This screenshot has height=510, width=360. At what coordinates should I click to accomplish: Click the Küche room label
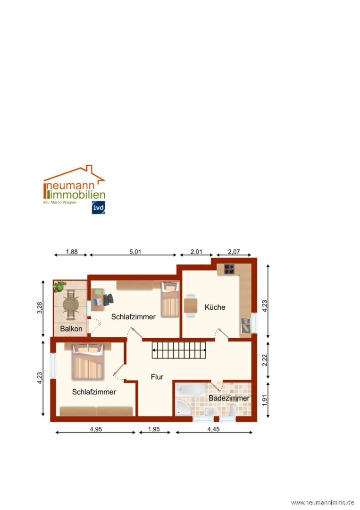click(215, 307)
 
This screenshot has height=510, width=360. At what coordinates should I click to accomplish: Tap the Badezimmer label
click(229, 398)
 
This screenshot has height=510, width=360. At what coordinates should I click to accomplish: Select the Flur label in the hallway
click(157, 377)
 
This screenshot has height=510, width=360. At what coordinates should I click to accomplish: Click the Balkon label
click(71, 329)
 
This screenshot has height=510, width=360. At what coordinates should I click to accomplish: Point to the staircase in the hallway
click(179, 350)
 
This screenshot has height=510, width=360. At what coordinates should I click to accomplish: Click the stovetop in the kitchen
click(229, 269)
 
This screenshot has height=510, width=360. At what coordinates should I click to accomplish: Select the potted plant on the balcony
click(60, 286)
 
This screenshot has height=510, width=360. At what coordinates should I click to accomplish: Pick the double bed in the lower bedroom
click(88, 362)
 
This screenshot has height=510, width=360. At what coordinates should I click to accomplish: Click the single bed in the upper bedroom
click(170, 299)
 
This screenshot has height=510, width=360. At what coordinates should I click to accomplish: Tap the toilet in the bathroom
click(233, 410)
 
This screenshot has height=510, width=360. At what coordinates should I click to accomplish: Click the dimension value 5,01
click(135, 251)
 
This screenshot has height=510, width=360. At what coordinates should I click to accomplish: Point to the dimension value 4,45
click(213, 429)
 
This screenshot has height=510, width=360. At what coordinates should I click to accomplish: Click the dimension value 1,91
click(265, 400)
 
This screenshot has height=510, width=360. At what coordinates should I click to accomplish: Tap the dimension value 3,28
click(40, 308)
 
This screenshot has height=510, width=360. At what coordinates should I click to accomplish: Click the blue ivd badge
click(98, 207)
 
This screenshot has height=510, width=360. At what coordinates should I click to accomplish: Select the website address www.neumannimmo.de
click(322, 502)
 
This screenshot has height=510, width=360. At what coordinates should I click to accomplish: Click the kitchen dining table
click(191, 306)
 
